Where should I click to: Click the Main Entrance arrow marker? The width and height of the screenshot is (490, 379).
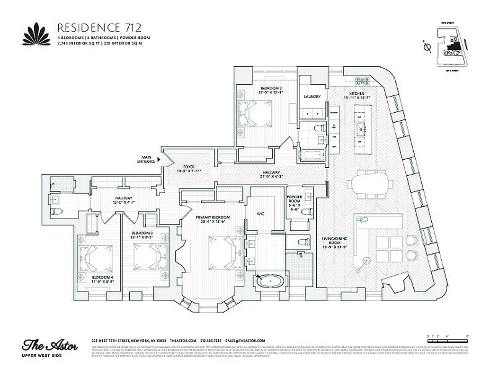point(159,161)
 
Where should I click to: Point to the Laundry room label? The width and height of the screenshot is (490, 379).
point(312,97)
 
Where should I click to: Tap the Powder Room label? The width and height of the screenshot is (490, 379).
point(294,204)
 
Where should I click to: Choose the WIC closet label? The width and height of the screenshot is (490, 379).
point(260,214)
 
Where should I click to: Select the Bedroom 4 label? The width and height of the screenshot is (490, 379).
point(103,279)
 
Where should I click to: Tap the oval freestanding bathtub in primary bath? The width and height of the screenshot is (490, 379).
point(269,282)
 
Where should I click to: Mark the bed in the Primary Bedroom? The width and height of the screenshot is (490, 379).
point(219,251)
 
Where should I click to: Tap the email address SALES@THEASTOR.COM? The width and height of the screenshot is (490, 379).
point(245,341)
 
